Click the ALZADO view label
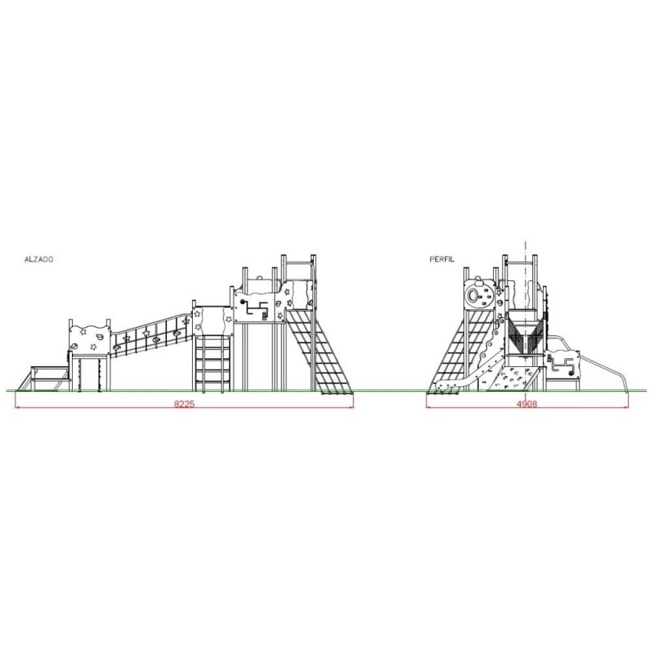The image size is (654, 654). click(x=38, y=259)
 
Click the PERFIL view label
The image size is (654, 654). click(x=442, y=259)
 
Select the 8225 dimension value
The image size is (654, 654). click(x=184, y=404)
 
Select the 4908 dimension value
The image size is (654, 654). click(x=526, y=404)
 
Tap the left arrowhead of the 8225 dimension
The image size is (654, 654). click(x=17, y=407)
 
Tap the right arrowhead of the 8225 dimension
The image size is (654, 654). click(x=352, y=407)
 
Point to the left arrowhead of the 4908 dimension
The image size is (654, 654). click(x=428, y=407)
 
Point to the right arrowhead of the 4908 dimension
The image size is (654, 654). click(x=625, y=407)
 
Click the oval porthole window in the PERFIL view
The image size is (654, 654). click(x=473, y=295)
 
